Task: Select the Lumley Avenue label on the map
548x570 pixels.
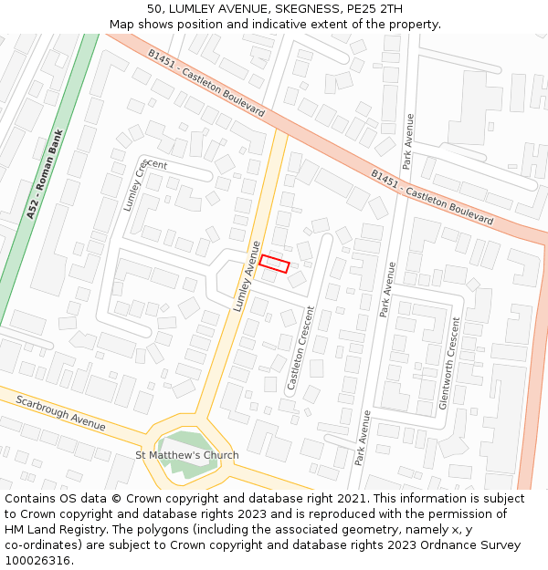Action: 247,276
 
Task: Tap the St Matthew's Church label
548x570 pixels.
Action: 187,455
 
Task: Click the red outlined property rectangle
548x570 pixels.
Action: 274,264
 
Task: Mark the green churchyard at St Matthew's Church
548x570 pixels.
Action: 183,444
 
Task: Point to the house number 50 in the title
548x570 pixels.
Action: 154,8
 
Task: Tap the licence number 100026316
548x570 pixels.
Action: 39,560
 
